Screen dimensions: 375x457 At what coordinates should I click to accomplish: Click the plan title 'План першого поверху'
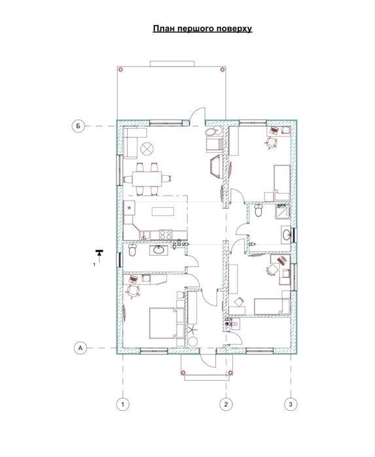202,29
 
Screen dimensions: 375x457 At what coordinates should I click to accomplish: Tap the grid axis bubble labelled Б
78,126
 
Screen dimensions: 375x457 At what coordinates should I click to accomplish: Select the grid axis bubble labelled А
80,348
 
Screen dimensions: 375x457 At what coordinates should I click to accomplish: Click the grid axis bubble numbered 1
123,404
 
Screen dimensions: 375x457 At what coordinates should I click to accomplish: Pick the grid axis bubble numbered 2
226,404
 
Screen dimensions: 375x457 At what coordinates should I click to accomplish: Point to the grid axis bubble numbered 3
291,404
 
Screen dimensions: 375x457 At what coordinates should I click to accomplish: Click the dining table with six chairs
147,178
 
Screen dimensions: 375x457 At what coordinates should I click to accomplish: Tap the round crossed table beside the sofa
147,149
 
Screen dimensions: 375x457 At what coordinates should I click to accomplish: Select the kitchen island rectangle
163,211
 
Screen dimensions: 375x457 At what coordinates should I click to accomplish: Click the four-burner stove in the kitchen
166,234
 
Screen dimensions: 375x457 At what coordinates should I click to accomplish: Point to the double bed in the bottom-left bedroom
163,323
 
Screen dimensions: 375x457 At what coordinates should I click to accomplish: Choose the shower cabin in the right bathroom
283,211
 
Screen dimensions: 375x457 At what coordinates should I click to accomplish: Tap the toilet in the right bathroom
259,210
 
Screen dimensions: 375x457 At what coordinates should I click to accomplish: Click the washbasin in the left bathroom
159,250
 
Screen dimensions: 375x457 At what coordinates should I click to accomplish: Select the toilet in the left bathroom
132,250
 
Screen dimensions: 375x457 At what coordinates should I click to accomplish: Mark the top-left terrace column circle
120,70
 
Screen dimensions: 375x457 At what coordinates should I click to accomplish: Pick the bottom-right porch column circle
230,373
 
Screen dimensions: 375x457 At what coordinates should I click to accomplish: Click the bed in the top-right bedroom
282,183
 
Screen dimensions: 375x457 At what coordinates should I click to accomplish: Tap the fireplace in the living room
217,167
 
